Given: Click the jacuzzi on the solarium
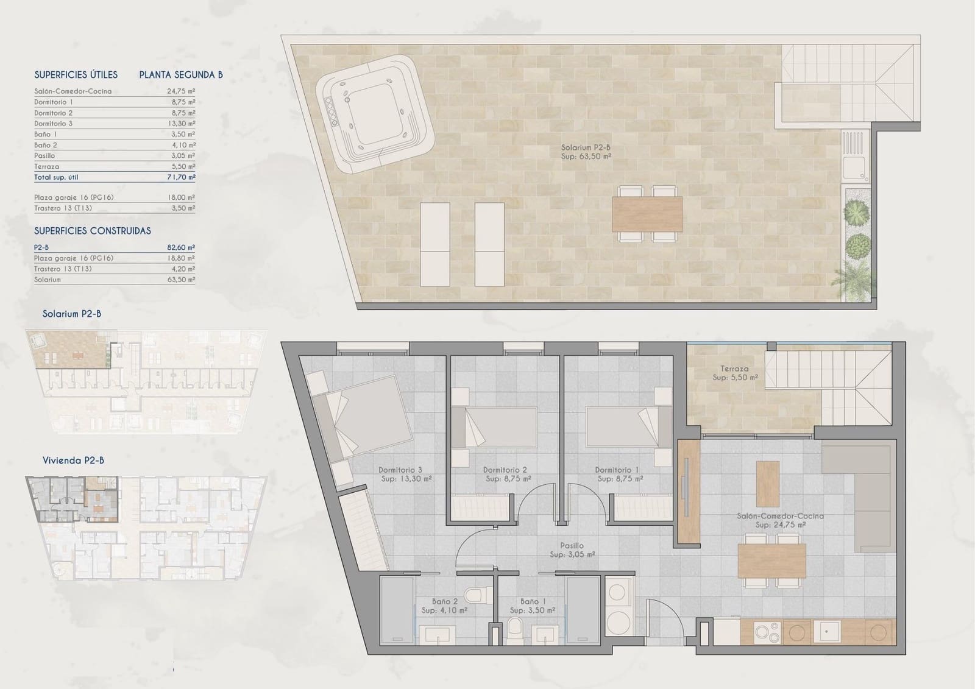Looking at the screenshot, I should coord(375,115).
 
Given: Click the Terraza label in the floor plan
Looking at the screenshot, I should coord(734,369).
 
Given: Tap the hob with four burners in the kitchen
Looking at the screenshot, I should coord(767,632).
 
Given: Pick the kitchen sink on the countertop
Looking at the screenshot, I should coord(827,632).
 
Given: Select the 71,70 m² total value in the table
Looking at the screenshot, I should coord(181,177).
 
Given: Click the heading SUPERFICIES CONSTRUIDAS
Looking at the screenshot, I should coord(93,231).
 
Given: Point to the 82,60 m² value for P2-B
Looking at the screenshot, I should coord(181,247).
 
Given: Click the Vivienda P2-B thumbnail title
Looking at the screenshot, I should coord(73,460).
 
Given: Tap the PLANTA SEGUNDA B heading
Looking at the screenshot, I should coord(181,75).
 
